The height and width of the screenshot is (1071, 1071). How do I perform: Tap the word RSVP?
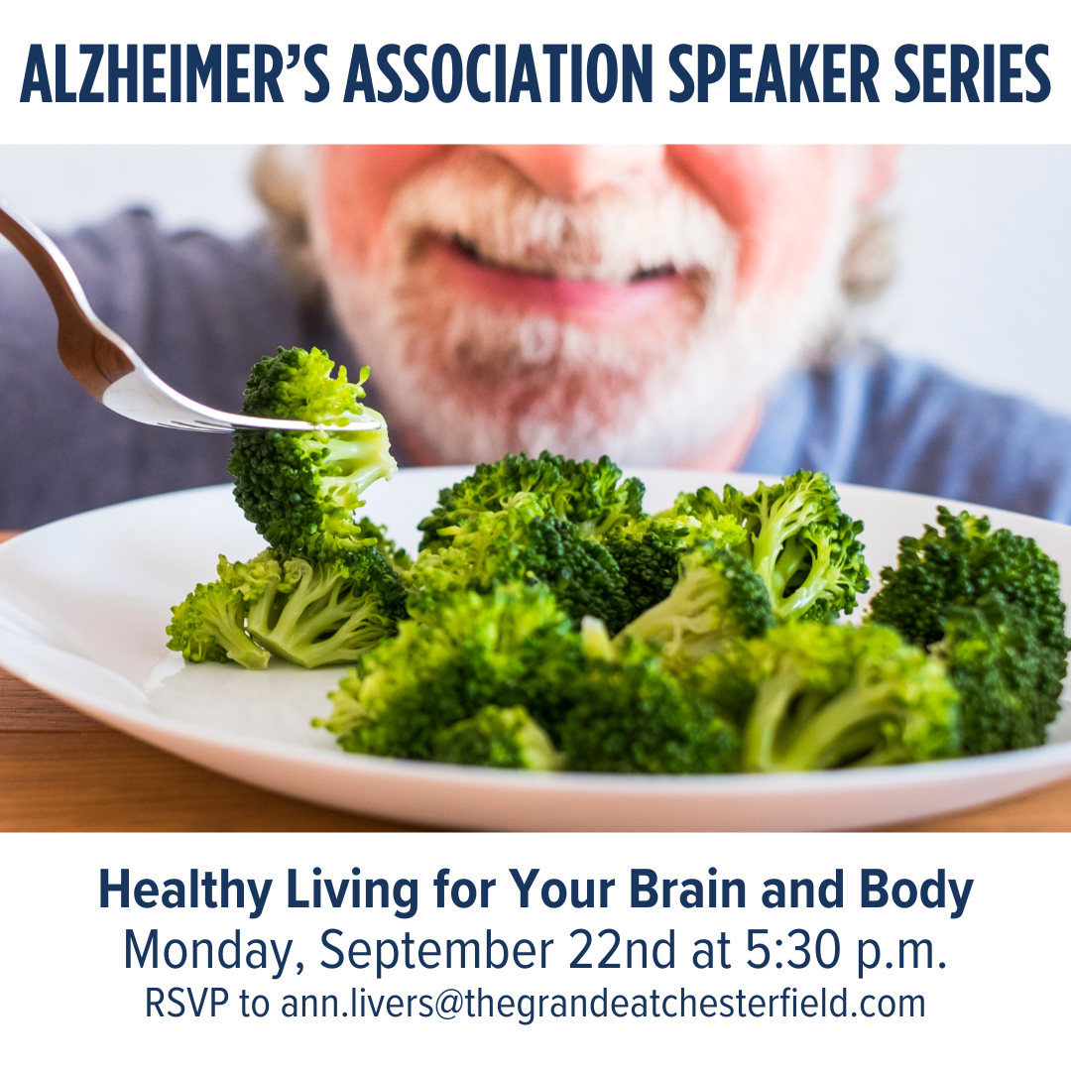click(187, 1004)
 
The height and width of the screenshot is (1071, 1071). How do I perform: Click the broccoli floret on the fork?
click(310, 444)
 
